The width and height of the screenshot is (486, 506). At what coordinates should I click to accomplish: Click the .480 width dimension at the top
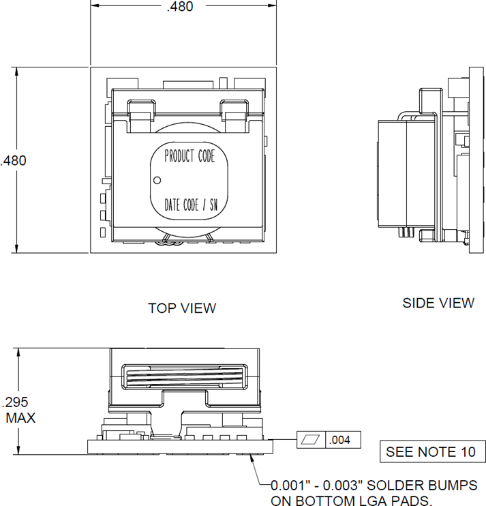[180, 7]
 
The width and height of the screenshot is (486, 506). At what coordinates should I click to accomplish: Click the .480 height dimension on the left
[14, 161]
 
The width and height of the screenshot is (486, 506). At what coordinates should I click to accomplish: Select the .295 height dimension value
[16, 402]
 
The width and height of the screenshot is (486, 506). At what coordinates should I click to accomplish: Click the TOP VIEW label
[182, 308]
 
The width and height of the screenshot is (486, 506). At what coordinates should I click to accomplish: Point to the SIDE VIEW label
[438, 303]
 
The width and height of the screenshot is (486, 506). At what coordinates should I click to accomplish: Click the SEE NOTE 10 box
[432, 451]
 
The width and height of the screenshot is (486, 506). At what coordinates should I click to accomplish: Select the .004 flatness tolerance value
[339, 441]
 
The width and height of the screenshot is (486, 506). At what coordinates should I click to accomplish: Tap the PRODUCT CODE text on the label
[189, 156]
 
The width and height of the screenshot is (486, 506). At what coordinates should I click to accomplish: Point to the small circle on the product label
[157, 181]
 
